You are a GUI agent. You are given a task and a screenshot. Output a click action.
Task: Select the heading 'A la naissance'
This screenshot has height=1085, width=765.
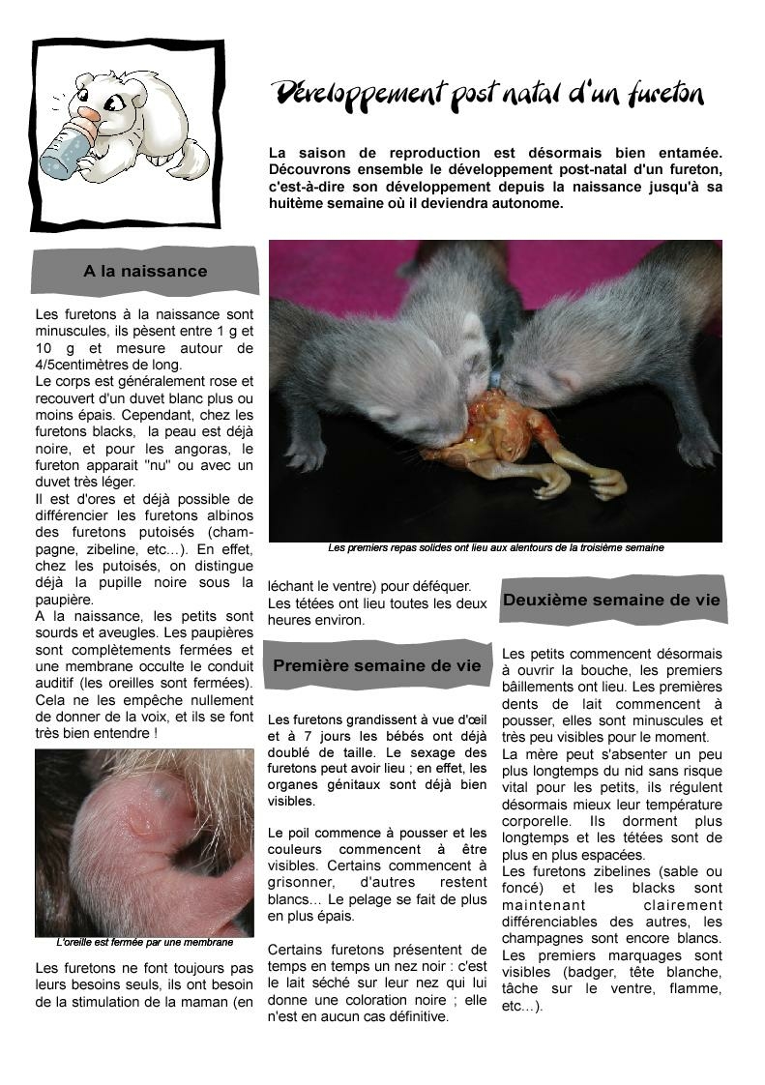pyautogui.click(x=145, y=271)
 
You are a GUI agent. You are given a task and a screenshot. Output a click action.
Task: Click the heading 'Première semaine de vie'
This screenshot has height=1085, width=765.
pyautogui.click(x=376, y=665)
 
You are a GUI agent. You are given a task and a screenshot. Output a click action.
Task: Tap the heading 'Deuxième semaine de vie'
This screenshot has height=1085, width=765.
pyautogui.click(x=611, y=600)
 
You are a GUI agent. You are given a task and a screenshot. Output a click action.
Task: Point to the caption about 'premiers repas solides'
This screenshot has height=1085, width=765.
pyautogui.click(x=495, y=548)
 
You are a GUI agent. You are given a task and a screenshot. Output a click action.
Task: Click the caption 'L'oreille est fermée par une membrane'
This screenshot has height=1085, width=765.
pyautogui.click(x=145, y=942)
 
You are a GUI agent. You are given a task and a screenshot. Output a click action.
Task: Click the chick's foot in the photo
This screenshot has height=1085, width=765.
pyautogui.click(x=590, y=479)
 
